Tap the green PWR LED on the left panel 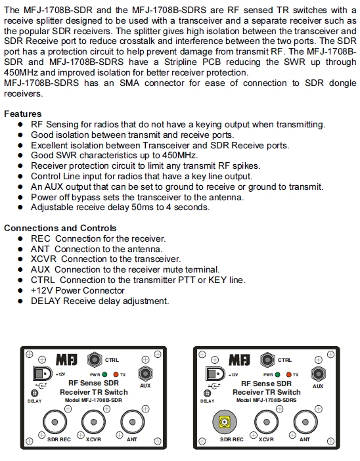(x=104, y=374)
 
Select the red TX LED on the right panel (x=288, y=374)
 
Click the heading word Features (x=22, y=114)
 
